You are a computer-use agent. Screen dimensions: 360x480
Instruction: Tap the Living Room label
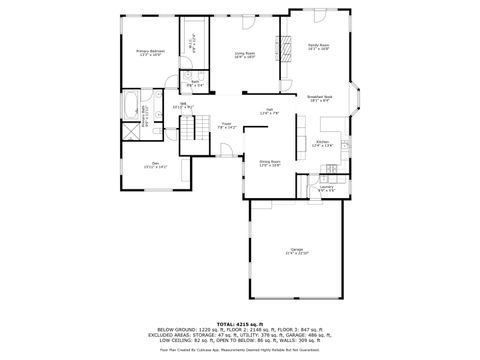point(245,55)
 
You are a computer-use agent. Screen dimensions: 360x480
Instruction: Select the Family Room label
point(318,46)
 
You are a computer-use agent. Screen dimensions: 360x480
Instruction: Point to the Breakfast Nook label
point(320,98)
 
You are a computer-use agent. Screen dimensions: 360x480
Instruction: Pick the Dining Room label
point(270,162)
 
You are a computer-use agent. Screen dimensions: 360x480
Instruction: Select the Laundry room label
point(326,187)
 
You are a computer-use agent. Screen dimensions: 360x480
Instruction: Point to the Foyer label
point(226,125)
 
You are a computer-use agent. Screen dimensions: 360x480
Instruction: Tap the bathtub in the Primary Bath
point(131,103)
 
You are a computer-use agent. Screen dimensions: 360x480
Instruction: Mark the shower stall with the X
point(131,130)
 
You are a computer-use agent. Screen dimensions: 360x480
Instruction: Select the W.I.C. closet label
point(192,43)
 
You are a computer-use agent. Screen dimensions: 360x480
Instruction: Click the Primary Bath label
point(146,117)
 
